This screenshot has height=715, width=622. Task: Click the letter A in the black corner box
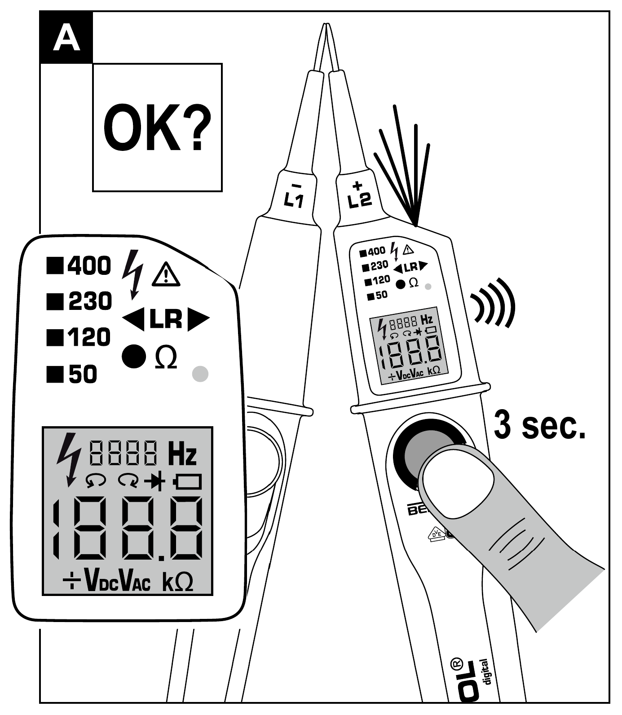66,38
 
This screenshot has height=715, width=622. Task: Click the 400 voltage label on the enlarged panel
89,266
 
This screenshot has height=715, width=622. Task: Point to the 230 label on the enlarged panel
90,301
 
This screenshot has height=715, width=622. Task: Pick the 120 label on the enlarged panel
89,337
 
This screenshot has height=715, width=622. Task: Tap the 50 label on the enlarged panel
83,374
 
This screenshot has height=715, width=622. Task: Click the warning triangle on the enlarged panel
166,275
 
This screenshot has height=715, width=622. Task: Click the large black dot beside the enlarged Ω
134,356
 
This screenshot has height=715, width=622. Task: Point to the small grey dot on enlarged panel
200,374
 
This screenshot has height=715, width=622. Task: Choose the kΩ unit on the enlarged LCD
177,582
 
